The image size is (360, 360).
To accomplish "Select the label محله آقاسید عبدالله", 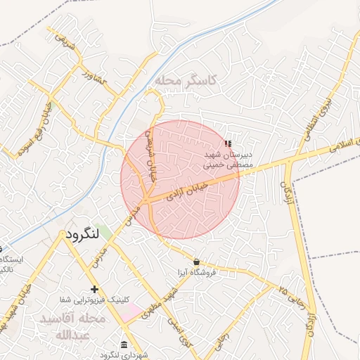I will [74, 326].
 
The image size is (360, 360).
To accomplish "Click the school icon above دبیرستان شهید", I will [226, 143].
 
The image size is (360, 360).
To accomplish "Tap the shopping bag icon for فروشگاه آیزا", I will [205, 262].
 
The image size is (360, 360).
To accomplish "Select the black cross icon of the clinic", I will [94, 290].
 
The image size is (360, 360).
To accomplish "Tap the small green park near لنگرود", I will [105, 231].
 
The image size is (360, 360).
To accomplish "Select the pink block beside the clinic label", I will [129, 312].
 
